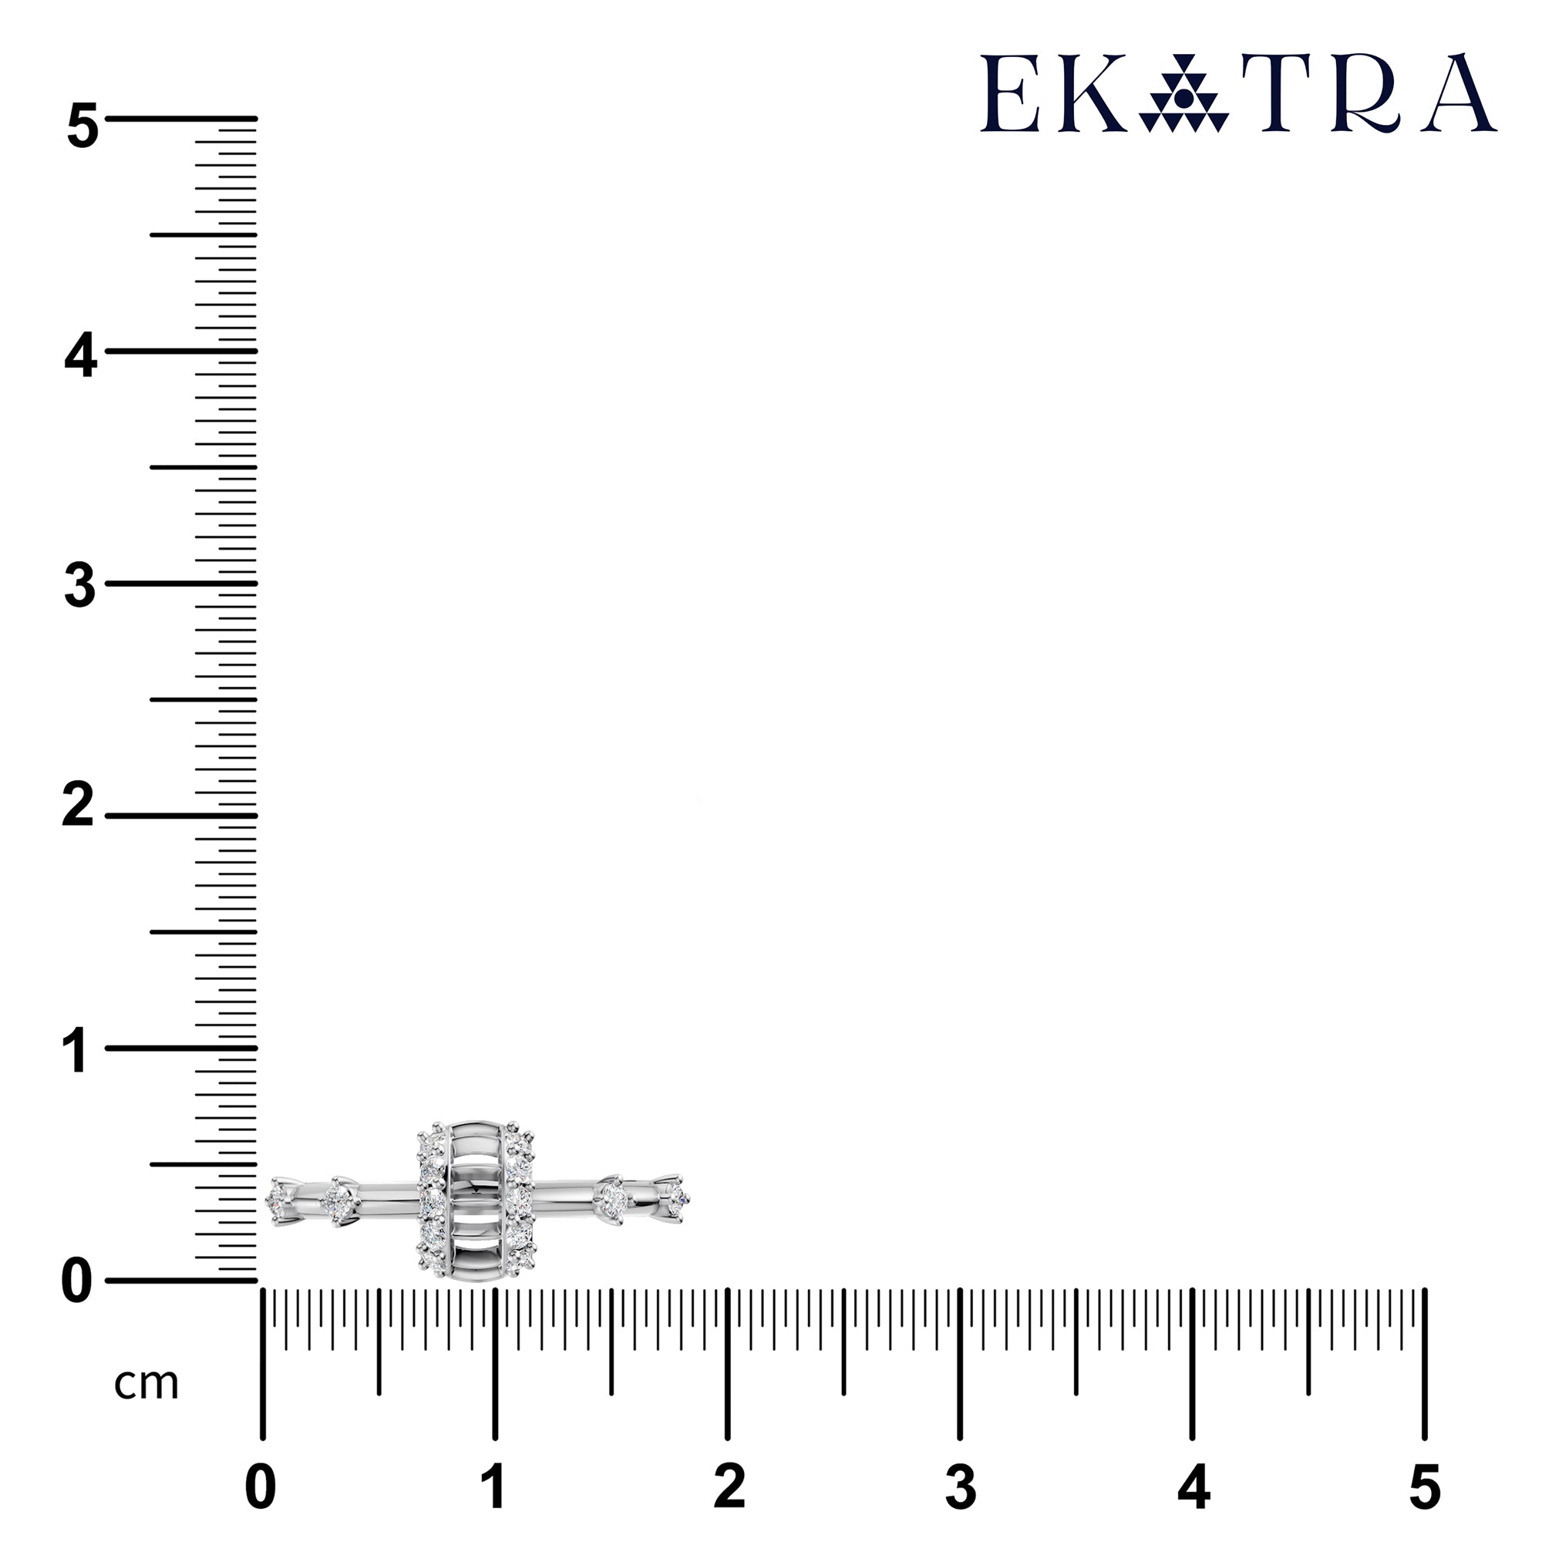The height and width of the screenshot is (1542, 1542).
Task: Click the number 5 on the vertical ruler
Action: [x=82, y=126]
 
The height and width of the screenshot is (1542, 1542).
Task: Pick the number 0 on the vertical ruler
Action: [x=76, y=1282]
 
